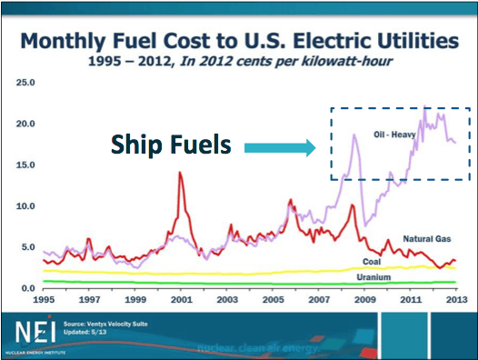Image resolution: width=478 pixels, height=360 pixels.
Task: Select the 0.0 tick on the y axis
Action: point(27,288)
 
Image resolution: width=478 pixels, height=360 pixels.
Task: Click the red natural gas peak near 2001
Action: point(180,173)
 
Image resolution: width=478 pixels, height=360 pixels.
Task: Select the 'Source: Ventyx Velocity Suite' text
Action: point(107,322)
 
